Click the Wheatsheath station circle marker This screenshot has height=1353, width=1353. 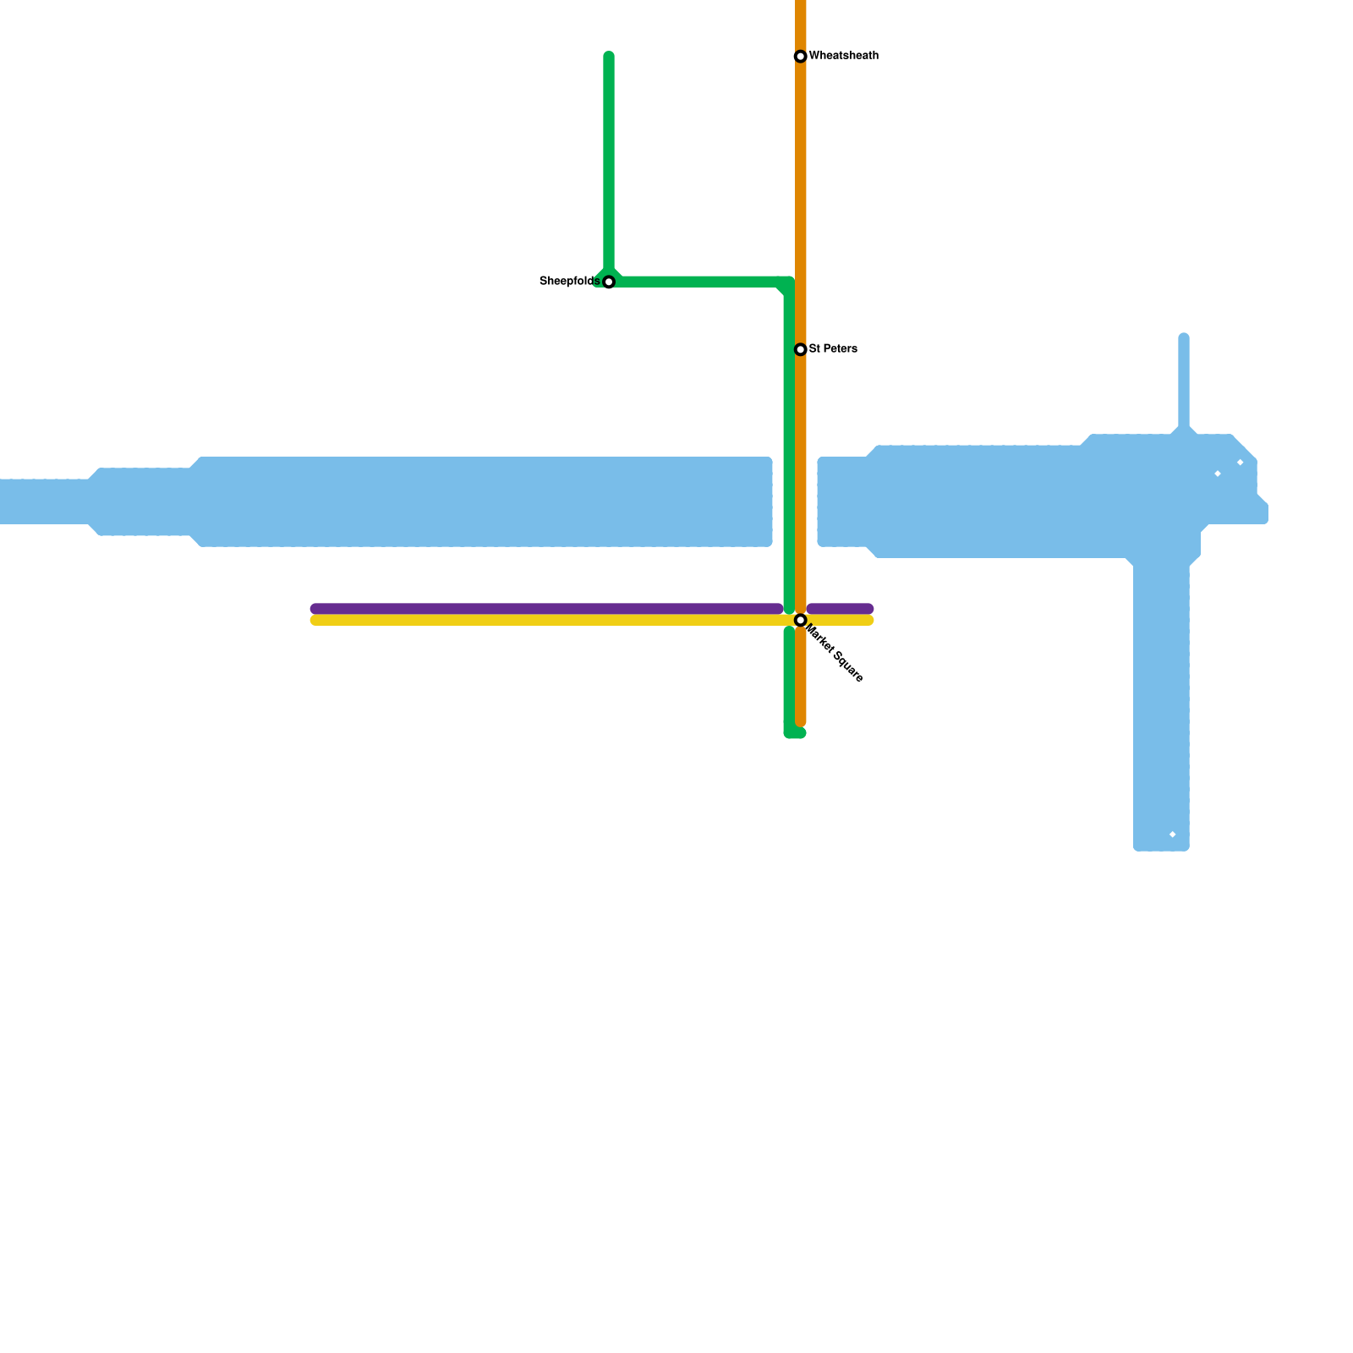click(x=800, y=57)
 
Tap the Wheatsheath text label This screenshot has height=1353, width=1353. click(x=843, y=56)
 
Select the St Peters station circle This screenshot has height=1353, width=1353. click(x=800, y=349)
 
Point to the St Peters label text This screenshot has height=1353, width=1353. click(x=833, y=348)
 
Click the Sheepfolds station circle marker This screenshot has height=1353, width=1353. click(x=608, y=282)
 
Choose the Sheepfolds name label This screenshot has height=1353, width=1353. click(x=569, y=281)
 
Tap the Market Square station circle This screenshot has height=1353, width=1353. click(x=800, y=621)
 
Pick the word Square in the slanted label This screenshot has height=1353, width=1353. click(x=847, y=666)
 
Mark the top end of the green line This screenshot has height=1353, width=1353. click(x=609, y=57)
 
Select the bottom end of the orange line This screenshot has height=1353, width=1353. click(x=801, y=721)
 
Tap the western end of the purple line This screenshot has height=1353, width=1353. click(x=315, y=609)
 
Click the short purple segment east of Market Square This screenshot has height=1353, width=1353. click(x=840, y=609)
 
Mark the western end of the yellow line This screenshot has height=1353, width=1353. click(x=315, y=621)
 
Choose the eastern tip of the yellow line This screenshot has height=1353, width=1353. click(x=868, y=621)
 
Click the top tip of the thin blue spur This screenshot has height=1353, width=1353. click(x=1184, y=338)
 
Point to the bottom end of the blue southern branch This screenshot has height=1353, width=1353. click(x=1161, y=846)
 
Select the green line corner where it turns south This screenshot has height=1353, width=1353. click(x=788, y=283)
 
